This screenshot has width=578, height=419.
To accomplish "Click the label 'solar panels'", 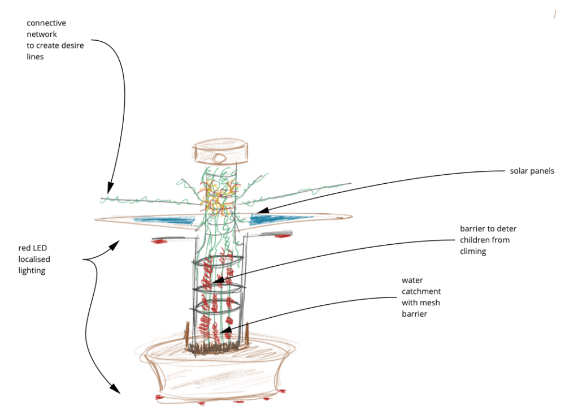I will tap(532, 171).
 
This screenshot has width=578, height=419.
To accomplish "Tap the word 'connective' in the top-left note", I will tap(46, 23).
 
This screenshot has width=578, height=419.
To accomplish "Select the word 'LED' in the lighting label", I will tap(46, 248).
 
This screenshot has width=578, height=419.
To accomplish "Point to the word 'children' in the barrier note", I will tap(477, 240).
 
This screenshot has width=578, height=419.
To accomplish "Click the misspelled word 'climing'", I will tap(473, 251).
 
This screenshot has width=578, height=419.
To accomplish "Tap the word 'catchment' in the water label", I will tap(421, 291).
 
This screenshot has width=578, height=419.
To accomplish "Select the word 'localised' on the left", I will tap(34, 260).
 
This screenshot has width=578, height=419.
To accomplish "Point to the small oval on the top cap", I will tap(219, 157).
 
